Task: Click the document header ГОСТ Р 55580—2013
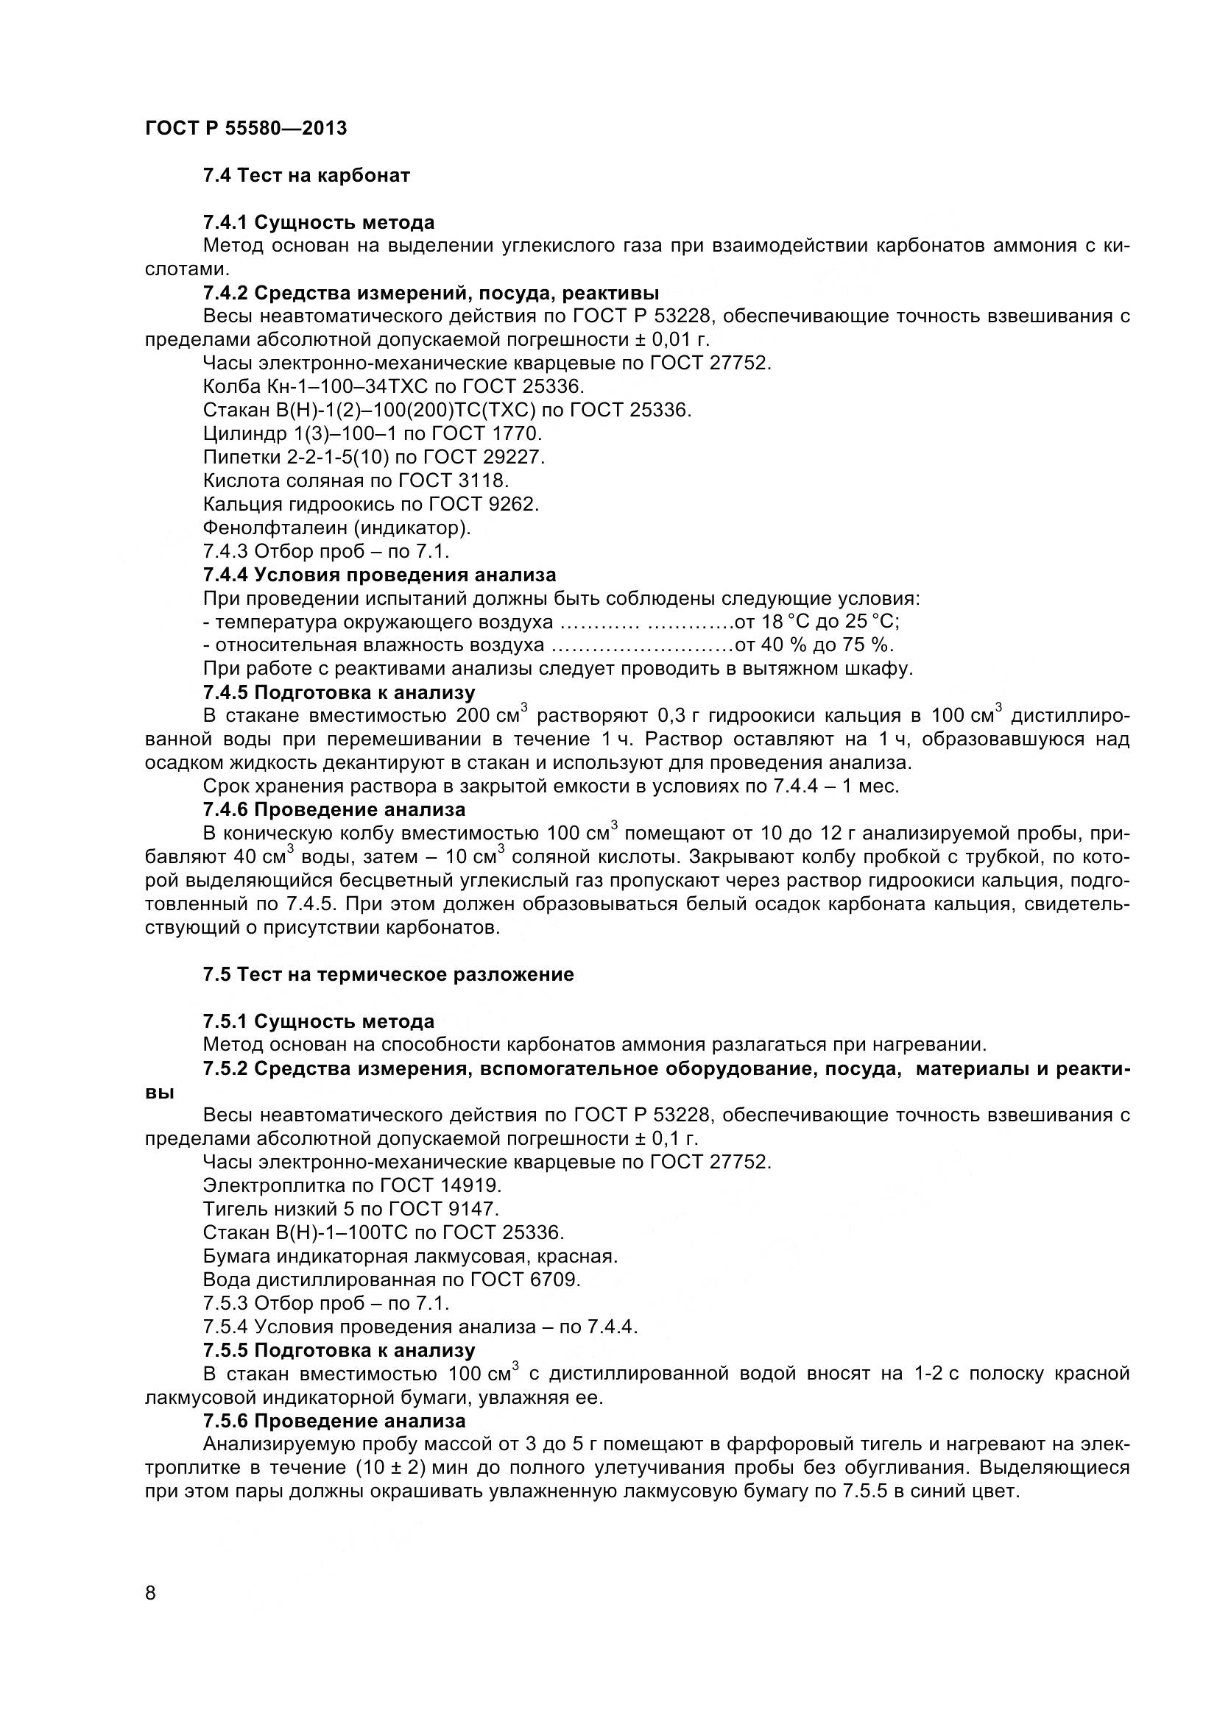246,128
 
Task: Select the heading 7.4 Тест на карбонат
306,175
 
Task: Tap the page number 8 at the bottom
151,1614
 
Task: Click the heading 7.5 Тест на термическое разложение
388,974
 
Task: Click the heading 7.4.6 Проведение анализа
334,809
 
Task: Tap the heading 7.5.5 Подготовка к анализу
338,1350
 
